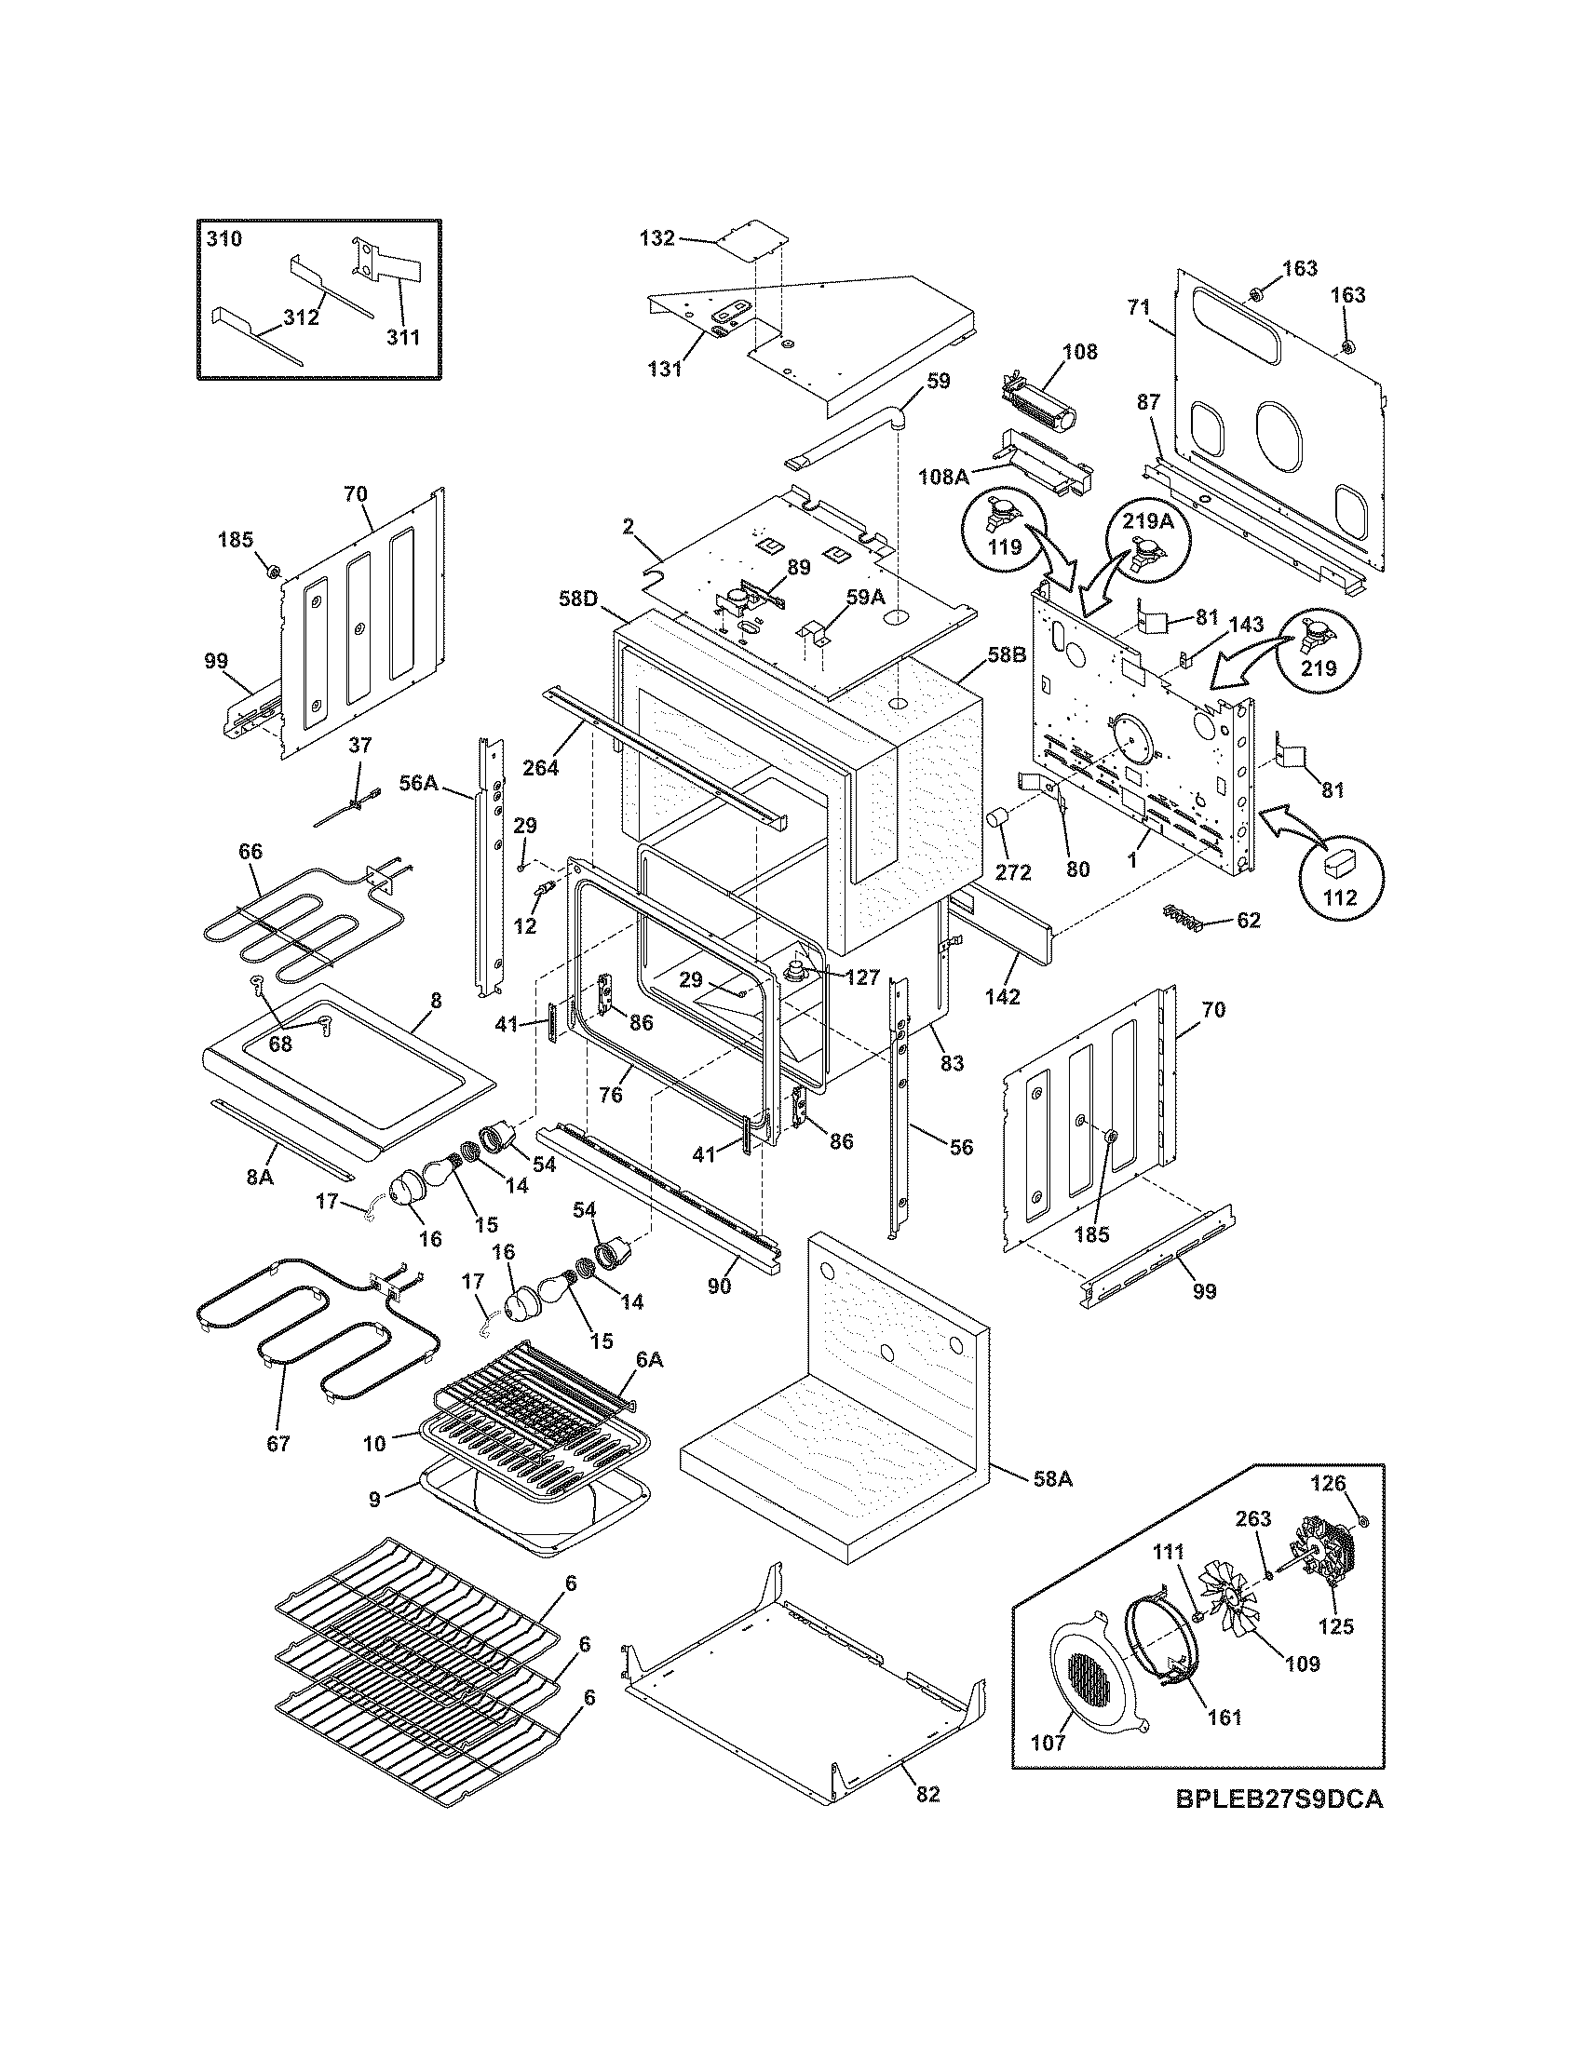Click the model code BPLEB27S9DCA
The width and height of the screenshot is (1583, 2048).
click(1279, 1826)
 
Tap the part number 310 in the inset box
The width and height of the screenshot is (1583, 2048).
click(224, 239)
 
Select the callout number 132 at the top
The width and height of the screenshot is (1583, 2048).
click(656, 238)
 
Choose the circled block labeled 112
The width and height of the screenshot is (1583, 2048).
click(1338, 869)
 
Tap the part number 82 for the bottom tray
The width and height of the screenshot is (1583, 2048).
click(927, 1793)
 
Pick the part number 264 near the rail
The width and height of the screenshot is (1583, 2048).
click(540, 767)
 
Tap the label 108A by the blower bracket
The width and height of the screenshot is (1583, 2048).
click(943, 477)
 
